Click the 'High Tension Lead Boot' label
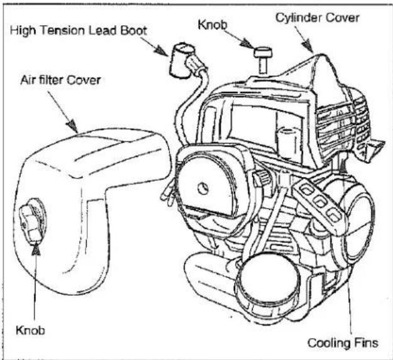79,31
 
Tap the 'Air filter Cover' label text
60,80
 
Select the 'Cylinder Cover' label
318,18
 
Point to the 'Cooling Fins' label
343,343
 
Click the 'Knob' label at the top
213,25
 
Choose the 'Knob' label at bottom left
30,330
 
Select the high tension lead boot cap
181,60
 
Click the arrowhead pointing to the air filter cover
72,126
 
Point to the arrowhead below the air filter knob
36,249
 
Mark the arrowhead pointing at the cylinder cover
307,47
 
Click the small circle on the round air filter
203,188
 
